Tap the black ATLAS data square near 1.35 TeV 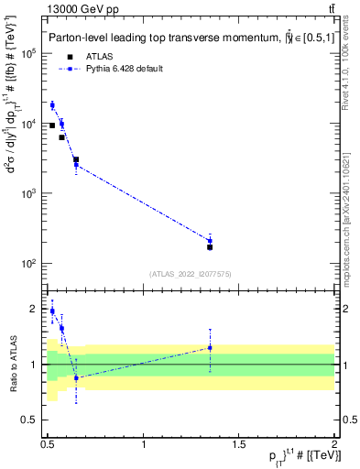(210, 247)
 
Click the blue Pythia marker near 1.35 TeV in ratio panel (210, 348)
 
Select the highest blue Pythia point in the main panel (52, 105)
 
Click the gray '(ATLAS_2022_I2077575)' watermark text (189, 273)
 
